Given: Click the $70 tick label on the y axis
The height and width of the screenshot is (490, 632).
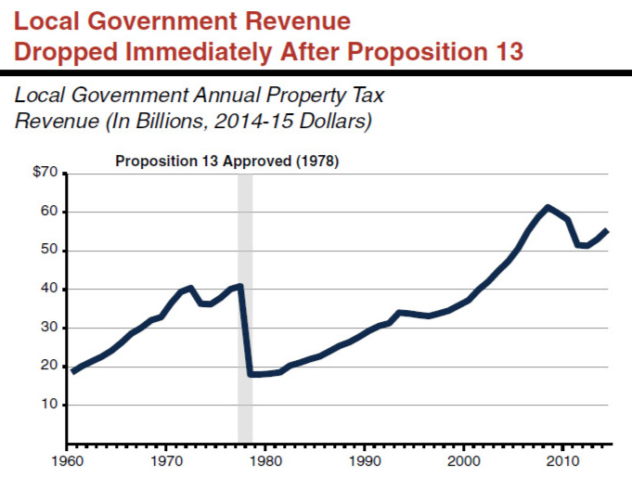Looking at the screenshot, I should (46, 173).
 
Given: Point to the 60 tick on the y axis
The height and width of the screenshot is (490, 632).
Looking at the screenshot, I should (50, 212).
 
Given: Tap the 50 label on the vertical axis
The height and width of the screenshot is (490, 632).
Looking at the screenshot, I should (50, 251).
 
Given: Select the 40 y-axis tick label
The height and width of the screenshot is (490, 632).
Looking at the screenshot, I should (50, 289).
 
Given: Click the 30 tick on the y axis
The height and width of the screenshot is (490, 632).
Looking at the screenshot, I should (50, 328).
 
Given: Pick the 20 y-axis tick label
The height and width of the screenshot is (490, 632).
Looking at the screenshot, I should (50, 367).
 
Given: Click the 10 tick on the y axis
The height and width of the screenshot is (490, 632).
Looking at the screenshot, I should (50, 405).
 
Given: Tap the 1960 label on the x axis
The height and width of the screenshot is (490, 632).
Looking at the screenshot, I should (68, 459).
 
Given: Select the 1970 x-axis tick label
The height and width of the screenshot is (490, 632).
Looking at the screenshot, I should (166, 459).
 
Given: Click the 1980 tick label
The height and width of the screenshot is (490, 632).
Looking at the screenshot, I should (265, 459).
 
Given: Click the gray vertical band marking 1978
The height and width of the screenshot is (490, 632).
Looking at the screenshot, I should (245, 306).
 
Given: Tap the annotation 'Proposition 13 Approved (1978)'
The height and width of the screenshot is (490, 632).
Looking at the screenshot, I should (227, 161).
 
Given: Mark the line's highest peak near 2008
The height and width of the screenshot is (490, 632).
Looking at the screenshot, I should (548, 207).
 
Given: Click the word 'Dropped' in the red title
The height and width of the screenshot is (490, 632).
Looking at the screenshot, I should (70, 49).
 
